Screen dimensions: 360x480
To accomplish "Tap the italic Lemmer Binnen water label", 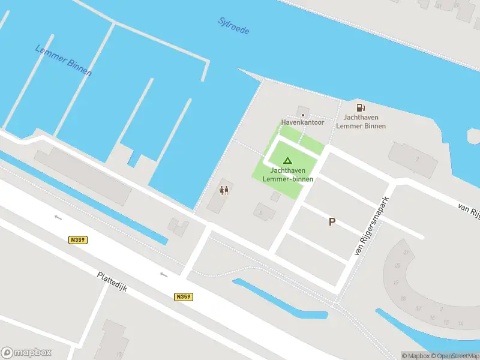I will coord(63,61).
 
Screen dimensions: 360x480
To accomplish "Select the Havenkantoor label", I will coord(302,122).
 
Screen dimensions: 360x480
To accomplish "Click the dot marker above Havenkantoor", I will coord(303,114).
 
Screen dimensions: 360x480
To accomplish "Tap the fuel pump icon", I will coord(361,107).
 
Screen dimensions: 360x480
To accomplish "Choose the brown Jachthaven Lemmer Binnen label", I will coord(361,122).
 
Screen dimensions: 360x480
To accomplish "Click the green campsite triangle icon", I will coord(287,160).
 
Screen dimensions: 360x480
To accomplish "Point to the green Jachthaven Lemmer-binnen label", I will coord(287,175).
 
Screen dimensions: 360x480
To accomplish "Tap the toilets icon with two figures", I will coord(224,190).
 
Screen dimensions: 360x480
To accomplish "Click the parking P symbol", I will coord(331,222).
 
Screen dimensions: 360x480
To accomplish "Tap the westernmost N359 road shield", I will coord(77,239).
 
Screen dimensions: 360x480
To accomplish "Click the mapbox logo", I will coord(26,352).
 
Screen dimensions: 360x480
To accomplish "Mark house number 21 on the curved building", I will coord(406,253).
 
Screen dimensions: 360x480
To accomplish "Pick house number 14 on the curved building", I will coord(460,323).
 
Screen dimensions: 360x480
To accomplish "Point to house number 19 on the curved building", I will coord(396,282).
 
